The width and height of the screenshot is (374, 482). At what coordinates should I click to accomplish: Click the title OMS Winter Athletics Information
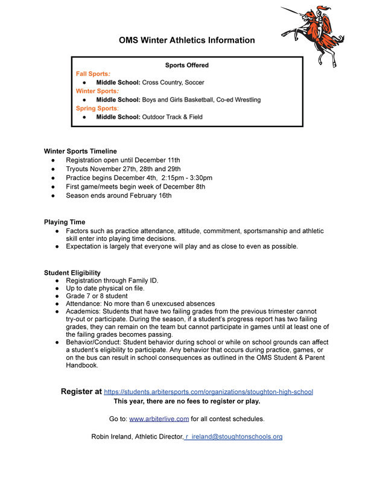click(186, 40)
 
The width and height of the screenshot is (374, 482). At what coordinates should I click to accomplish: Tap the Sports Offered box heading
click(187, 65)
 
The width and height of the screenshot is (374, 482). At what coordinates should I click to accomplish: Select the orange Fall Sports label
click(93, 74)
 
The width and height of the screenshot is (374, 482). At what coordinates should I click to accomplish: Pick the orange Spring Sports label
click(97, 108)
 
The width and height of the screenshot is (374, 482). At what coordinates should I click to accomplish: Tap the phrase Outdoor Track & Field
click(172, 117)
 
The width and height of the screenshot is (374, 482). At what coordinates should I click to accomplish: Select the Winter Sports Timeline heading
click(80, 151)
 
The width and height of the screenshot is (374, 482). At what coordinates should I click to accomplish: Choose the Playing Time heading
click(65, 222)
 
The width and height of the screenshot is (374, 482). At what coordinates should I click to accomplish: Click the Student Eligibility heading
click(72, 273)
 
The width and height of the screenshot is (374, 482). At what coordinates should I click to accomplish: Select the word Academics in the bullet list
click(83, 311)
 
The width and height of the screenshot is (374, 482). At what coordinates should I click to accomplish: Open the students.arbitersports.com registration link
click(209, 392)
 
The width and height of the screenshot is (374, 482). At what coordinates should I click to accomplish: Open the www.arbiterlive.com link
click(159, 419)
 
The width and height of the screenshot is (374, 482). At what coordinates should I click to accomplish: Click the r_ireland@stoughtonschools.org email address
click(233, 436)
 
